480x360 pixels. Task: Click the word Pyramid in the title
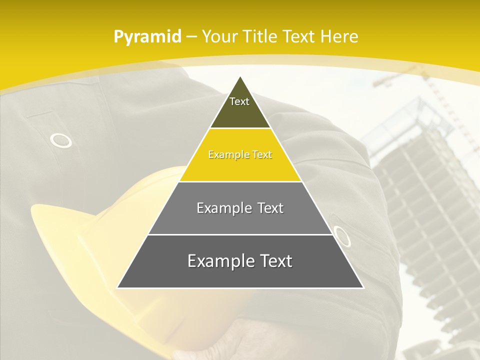pos(147,37)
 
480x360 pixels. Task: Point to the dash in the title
pos(191,37)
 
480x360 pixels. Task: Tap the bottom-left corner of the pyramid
pos(118,287)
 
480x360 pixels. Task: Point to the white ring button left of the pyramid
pos(61,141)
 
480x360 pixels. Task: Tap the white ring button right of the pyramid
pos(341,236)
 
